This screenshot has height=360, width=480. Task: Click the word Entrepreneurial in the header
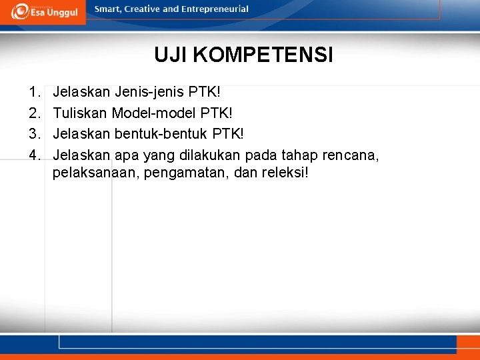pos(215,9)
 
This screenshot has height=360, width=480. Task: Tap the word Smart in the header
pos(107,9)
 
